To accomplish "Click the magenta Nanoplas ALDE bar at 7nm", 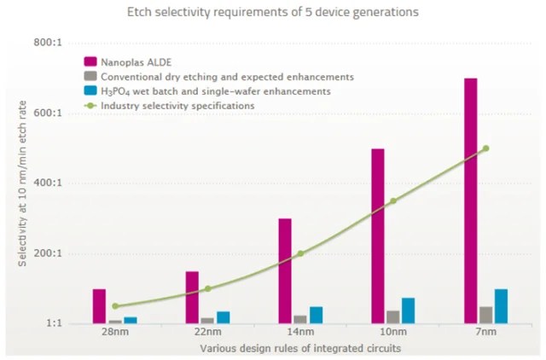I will coord(471,200).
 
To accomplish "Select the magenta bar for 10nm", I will coord(378,235).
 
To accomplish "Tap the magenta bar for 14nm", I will coord(285,270).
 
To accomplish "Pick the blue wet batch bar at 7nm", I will coord(502,306).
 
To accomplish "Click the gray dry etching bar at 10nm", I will coord(393,316).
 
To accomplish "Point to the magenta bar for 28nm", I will coord(100,305).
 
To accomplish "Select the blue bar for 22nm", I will coord(223,317).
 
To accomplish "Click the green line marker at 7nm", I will coord(485,148).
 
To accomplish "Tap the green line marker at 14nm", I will coord(300,253).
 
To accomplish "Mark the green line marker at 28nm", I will coord(114,305).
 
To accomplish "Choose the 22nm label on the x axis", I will coord(207,334).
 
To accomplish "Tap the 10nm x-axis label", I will coord(392,334).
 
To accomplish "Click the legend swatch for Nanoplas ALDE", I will coord(89,61).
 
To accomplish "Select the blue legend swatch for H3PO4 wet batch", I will coord(89,90).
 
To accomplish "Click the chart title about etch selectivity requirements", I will coord(272,12).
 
